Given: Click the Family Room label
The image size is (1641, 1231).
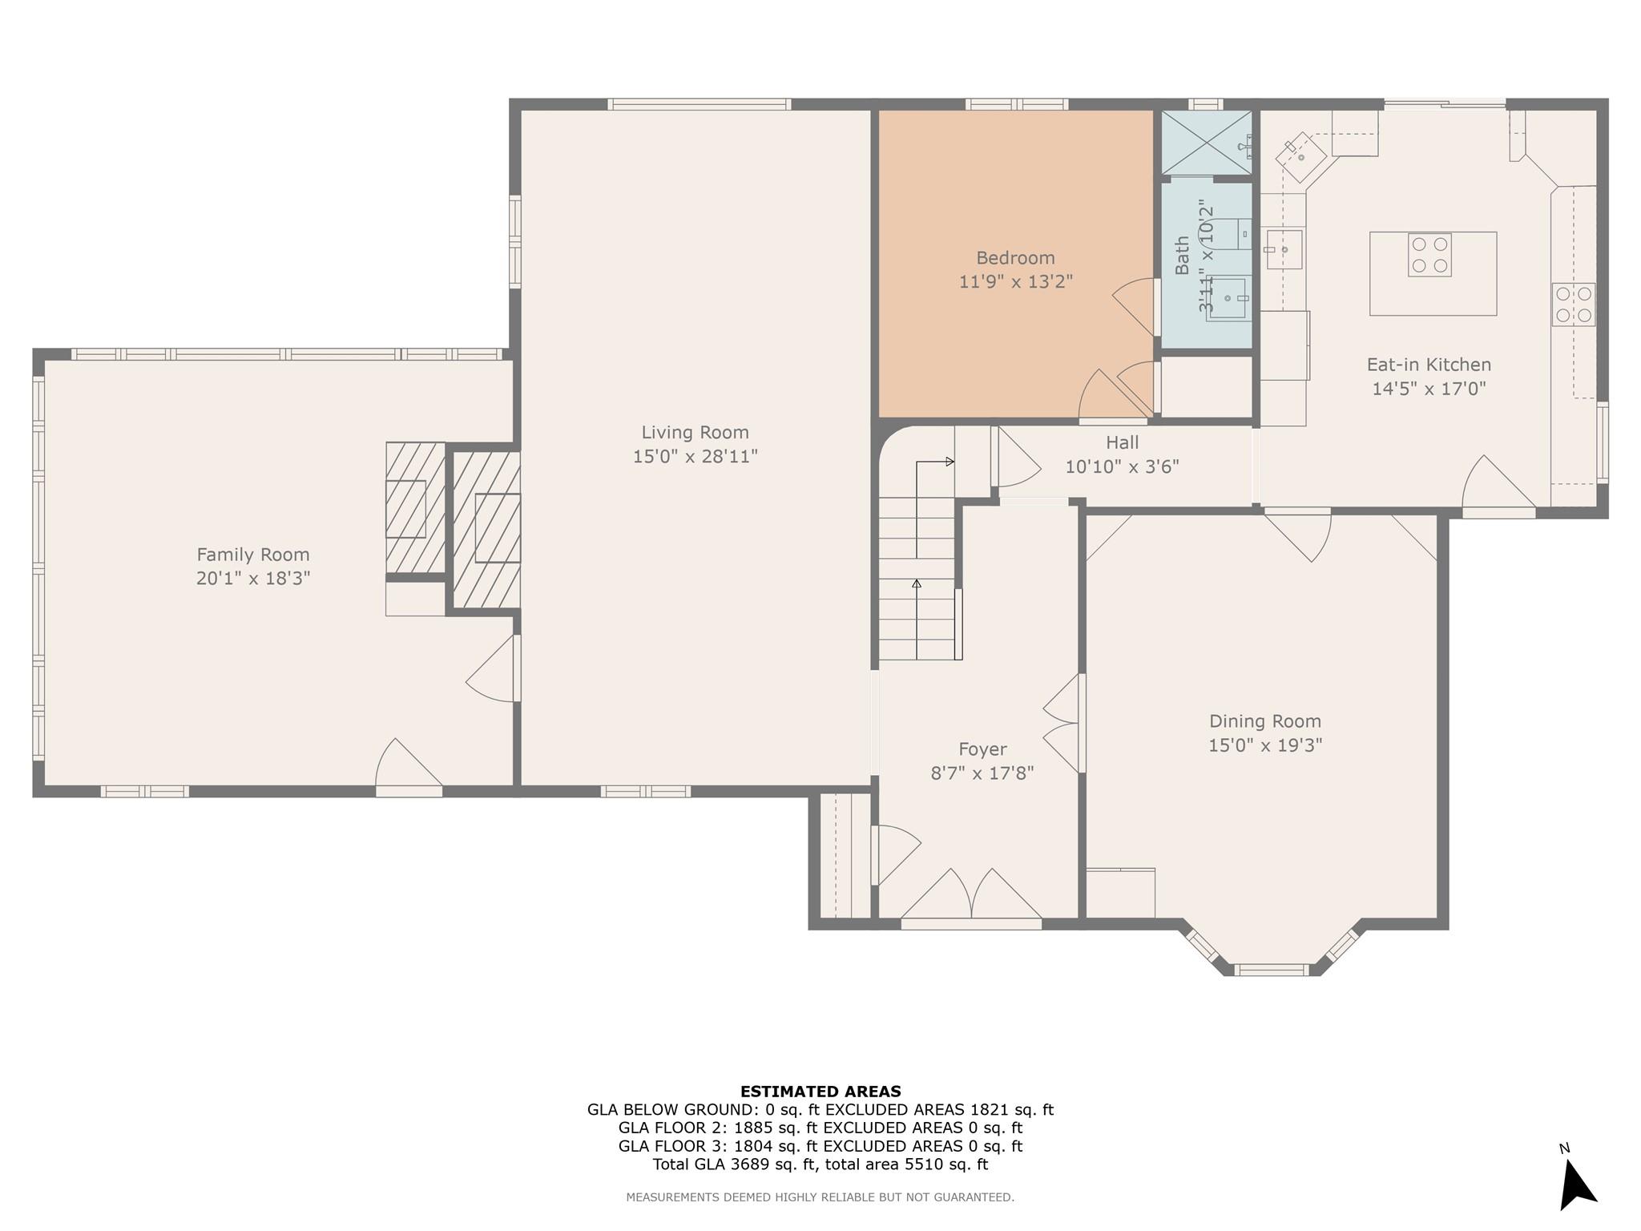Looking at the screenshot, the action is tap(253, 555).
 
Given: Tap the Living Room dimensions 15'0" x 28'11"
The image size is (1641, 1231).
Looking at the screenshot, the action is tap(696, 457).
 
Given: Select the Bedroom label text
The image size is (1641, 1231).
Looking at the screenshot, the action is tap(1015, 258).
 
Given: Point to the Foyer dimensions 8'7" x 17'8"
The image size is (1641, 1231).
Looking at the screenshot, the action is tap(982, 773).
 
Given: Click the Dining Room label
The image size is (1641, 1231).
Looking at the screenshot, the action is tap(1265, 721).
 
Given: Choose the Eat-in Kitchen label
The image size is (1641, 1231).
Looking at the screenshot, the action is tap(1429, 365).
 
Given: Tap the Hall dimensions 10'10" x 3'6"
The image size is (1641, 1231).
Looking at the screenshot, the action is tap(1122, 466).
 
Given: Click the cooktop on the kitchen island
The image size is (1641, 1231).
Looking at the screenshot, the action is tap(1429, 256).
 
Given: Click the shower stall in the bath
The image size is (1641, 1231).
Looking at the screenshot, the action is tap(1207, 143).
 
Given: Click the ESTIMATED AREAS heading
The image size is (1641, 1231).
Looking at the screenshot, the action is tap(820, 1092).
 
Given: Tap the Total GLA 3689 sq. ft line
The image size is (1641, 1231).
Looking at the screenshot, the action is tap(820, 1164).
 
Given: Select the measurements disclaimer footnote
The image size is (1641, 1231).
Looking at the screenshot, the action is tap(820, 1197).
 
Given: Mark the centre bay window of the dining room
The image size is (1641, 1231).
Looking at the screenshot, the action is tap(1271, 970).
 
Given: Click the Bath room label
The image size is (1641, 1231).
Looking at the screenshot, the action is tap(1183, 256).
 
